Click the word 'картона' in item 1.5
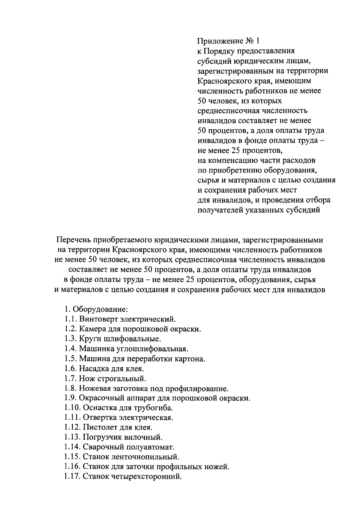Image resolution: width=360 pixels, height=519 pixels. (x=191, y=358)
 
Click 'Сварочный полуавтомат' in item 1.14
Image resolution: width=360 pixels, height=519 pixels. (x=128, y=447)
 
